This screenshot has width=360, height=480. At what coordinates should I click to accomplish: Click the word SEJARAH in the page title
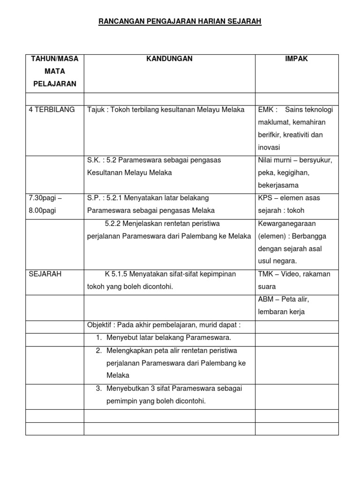click(x=245, y=22)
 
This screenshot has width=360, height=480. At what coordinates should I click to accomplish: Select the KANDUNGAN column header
click(x=169, y=59)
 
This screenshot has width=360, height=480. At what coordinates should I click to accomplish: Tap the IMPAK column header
click(x=297, y=59)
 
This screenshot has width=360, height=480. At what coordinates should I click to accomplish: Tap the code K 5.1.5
click(x=117, y=274)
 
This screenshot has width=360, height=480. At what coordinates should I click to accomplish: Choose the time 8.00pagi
click(x=43, y=210)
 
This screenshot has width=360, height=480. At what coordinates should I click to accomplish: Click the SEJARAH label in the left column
click(x=45, y=274)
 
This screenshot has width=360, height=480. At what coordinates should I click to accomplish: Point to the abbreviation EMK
click(x=266, y=110)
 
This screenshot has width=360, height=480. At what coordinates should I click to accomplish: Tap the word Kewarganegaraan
click(x=286, y=223)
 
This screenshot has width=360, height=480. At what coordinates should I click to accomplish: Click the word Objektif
click(x=100, y=325)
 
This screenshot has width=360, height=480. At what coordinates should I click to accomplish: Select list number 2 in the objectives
click(x=99, y=351)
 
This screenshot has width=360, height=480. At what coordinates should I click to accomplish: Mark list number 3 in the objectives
click(x=99, y=389)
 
